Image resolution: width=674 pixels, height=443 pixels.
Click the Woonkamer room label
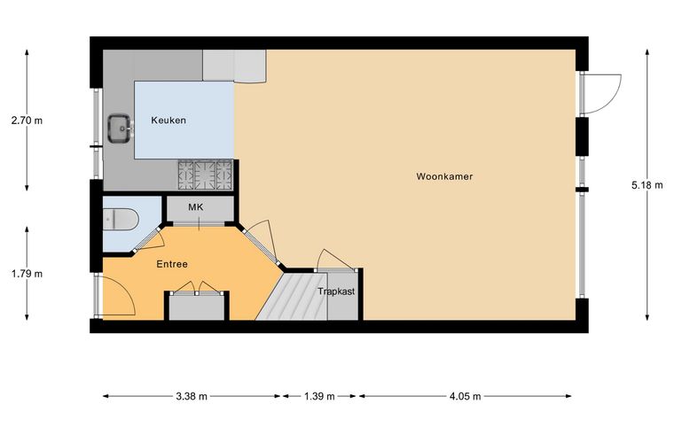tap(444, 176)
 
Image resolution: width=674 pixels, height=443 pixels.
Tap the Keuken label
tap(168, 120)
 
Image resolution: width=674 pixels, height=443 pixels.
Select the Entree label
tap(172, 264)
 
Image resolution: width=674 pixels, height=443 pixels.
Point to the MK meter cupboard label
tap(196, 207)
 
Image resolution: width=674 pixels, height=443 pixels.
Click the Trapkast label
tap(336, 291)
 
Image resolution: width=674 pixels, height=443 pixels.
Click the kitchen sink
tap(120, 128)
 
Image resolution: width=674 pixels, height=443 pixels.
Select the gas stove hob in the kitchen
tap(206, 175)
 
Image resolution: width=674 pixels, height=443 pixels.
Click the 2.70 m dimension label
tap(27, 120)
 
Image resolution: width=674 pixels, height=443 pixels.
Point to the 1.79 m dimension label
tap(27, 274)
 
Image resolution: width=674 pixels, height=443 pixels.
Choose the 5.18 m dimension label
tap(647, 185)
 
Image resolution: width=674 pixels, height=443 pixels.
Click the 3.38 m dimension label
tap(192, 396)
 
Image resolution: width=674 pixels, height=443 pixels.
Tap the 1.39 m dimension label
tap(319, 396)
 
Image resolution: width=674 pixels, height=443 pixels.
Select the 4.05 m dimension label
tap(465, 396)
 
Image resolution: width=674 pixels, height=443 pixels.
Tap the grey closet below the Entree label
tap(197, 307)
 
